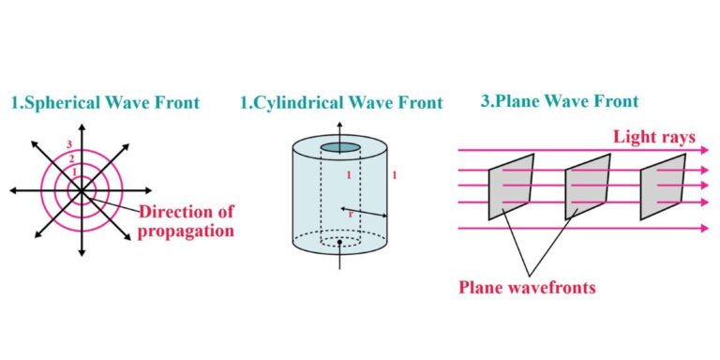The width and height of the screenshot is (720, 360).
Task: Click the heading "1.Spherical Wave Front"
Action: coord(105,102)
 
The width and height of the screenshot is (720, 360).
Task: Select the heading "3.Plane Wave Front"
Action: coord(560,100)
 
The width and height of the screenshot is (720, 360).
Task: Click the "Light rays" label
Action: coord(654,137)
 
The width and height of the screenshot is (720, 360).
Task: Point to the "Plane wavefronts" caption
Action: coord(527,287)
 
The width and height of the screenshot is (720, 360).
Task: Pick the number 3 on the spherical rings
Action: coord(68,143)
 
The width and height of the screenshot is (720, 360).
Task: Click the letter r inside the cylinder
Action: coord(351,214)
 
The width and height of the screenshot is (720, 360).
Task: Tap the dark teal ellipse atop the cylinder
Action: coord(339,148)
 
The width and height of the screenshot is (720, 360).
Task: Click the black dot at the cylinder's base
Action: coord(338,243)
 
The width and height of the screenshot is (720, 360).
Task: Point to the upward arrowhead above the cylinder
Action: coord(339,125)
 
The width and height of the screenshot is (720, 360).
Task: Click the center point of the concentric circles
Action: coord(82,189)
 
